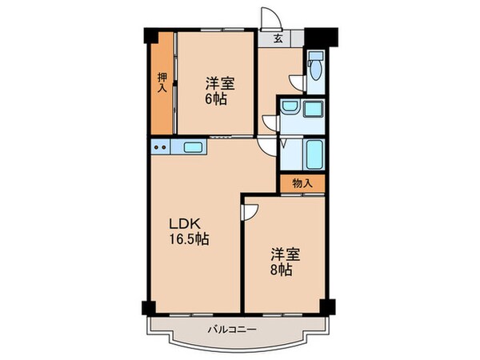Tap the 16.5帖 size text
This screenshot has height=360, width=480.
188,238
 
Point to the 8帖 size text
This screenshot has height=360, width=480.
280,271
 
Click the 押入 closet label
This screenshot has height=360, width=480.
161,82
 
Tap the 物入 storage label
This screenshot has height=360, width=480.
302,183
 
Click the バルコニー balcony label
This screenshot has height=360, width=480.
232,329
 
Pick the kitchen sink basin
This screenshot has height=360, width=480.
194,146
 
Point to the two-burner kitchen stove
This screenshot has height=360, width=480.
161,146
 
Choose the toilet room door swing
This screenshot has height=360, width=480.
297,80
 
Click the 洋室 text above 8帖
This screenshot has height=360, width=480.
285,254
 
